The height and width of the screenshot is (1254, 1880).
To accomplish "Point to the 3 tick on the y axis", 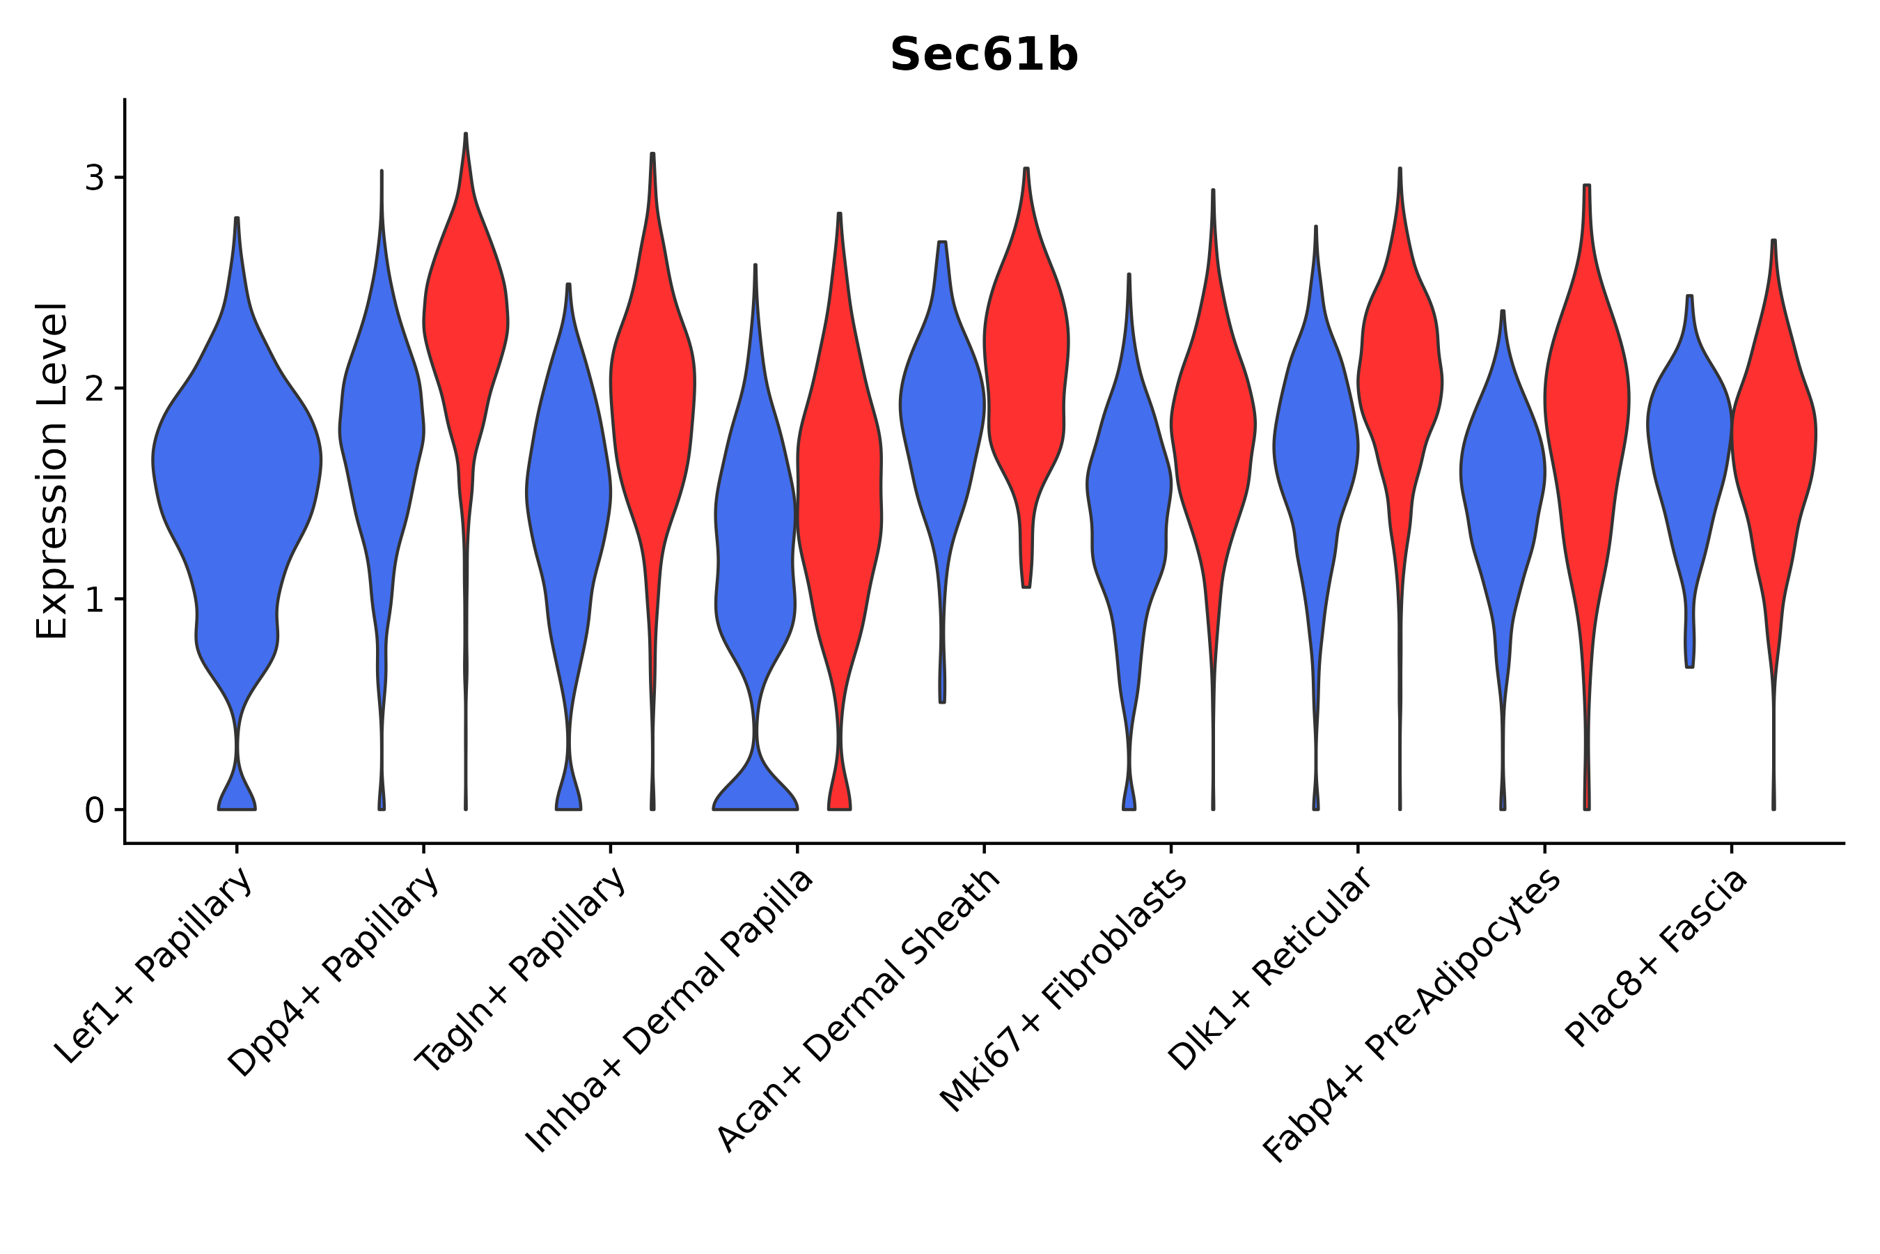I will coord(94,178).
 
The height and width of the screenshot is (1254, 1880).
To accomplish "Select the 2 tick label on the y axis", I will coord(94,389).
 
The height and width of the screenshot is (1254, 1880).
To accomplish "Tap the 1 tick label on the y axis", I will coord(94,600).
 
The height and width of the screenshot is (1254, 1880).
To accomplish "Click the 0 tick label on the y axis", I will coord(94,811).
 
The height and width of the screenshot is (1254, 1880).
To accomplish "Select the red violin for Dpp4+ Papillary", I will coord(465,320).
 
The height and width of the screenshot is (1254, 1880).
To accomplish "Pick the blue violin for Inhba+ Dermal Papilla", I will coord(755,560).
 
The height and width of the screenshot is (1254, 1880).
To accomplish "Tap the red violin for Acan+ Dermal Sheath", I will coord(1026,360).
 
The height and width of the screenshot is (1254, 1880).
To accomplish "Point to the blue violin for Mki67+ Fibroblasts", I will coord(1129,496).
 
